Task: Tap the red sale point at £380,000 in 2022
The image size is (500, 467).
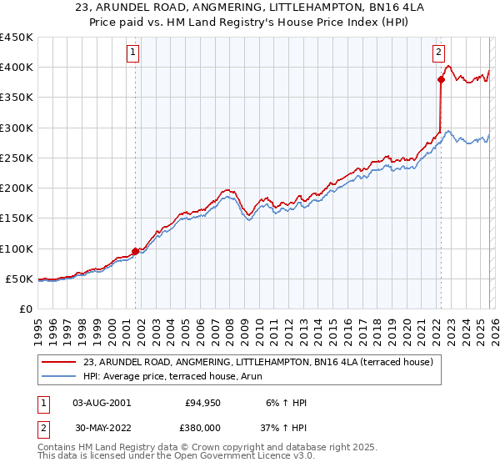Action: pyautogui.click(x=441, y=80)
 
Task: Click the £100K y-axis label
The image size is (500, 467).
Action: pyautogui.click(x=17, y=249)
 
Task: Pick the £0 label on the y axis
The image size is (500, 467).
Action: pyautogui.click(x=25, y=309)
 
